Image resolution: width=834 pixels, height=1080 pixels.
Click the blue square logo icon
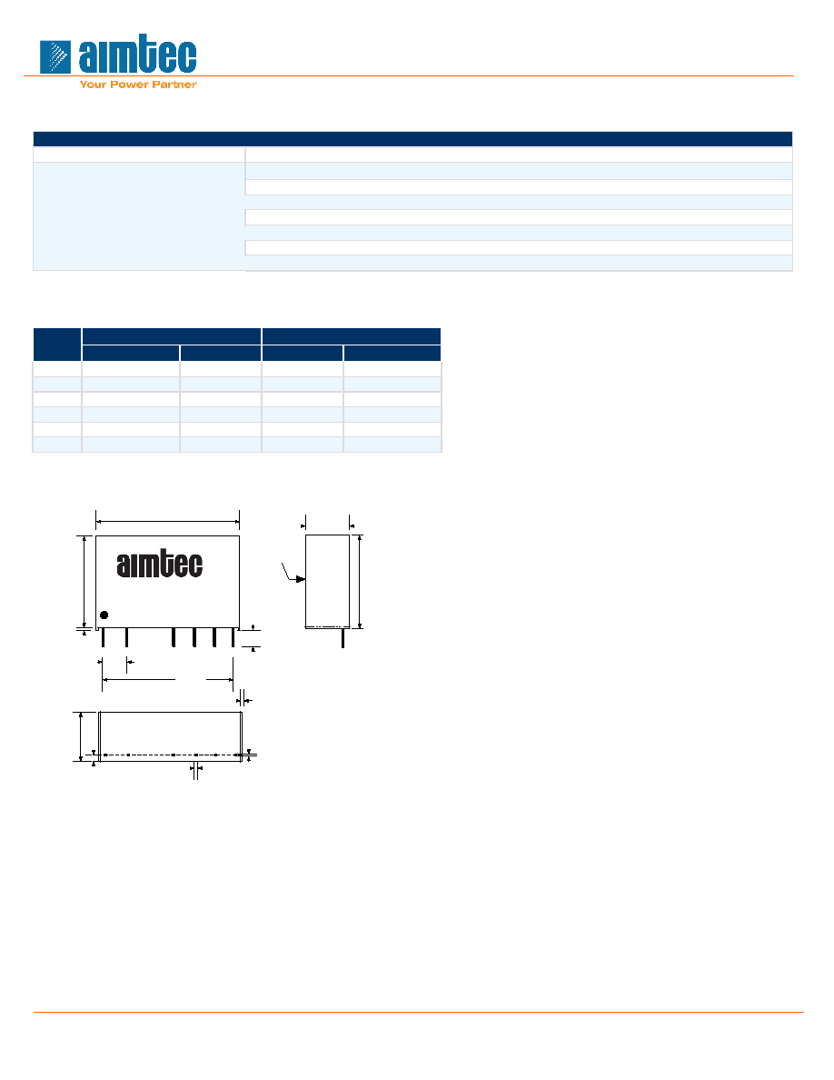[x=55, y=56]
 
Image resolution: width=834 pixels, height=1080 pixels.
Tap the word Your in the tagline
[x=93, y=85]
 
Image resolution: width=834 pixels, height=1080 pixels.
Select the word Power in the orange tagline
[x=129, y=85]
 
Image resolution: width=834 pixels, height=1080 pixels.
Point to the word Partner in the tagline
[x=174, y=85]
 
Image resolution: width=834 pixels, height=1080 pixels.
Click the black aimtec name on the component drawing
[x=160, y=565]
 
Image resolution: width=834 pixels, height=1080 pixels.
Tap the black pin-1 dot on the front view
[x=104, y=615]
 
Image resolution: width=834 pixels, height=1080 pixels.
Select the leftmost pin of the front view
[x=104, y=638]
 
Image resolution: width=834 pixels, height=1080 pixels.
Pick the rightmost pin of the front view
[x=233, y=638]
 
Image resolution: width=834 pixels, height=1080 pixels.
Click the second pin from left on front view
[x=126, y=638]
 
